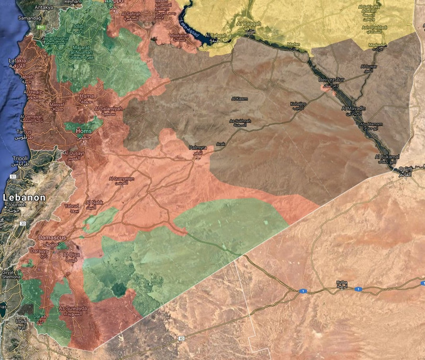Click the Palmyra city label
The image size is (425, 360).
click(198, 148)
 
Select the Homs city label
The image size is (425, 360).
click(84, 130)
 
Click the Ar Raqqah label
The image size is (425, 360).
click(248, 24)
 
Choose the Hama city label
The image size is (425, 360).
click(87, 97)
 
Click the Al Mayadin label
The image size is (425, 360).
click(353, 108)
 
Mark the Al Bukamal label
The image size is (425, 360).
click(387, 156)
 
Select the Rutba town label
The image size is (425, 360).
click(342, 282)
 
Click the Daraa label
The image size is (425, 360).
click(39, 317)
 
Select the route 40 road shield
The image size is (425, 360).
click(181, 338)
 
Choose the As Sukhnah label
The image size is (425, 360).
click(240, 121)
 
